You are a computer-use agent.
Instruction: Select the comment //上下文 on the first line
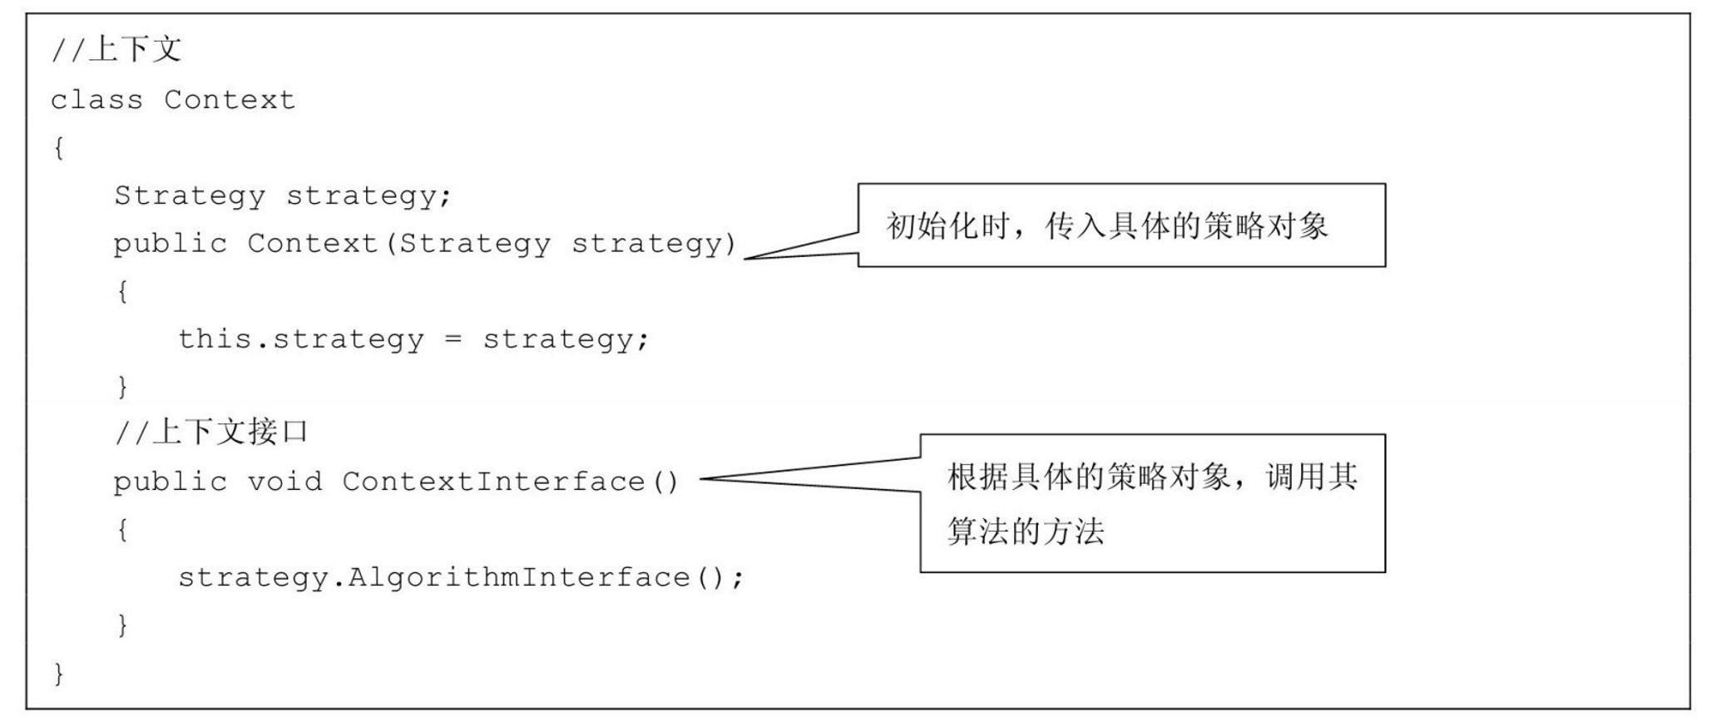116,50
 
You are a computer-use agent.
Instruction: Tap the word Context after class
230,101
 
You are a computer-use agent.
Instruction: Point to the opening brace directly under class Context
58,148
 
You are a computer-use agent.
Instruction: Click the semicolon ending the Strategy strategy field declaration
446,196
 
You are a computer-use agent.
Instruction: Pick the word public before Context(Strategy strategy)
171,245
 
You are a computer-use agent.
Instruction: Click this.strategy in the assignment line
300,339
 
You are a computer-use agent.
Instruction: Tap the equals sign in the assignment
452,339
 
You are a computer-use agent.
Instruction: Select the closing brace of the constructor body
122,386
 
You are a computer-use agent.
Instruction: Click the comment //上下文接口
211,433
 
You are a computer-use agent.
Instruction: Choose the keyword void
284,482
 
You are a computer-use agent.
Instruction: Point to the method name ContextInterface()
510,482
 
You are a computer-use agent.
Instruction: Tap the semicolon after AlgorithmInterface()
737,577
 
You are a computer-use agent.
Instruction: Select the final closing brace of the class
58,672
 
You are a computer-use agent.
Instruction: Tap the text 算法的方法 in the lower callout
1026,531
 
